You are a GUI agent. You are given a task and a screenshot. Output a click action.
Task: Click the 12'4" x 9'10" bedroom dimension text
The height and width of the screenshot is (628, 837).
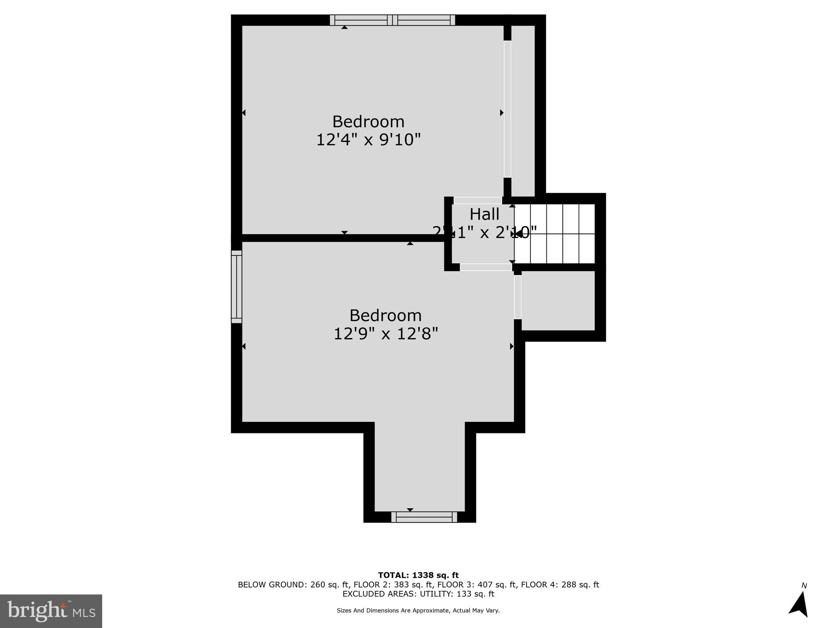point(368,140)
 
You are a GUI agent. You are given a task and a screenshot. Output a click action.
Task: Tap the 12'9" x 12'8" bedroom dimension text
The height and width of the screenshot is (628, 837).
point(385,334)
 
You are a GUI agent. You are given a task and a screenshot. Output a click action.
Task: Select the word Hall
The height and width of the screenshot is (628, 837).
point(484,214)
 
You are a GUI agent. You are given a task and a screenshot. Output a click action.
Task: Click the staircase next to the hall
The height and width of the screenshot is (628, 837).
point(555,234)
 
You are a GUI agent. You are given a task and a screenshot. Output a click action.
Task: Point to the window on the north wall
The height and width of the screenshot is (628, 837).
point(392,20)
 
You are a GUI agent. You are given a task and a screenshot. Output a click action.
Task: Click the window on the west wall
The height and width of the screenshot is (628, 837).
point(237,287)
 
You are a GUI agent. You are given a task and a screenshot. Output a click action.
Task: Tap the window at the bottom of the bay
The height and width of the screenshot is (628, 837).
point(424,517)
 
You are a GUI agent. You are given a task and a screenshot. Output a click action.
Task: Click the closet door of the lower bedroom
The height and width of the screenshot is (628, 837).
point(517,297)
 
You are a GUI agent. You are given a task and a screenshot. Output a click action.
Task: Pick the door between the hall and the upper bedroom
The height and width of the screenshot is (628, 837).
point(478,200)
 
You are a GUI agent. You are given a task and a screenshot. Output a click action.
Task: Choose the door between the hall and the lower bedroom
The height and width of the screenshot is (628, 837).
point(486,267)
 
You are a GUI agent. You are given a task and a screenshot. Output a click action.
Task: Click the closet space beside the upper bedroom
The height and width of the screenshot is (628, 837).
point(523,110)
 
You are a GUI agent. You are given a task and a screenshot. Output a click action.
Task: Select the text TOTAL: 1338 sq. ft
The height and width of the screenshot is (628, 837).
point(418,576)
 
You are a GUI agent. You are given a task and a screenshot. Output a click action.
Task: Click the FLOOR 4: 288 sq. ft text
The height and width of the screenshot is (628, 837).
point(560,585)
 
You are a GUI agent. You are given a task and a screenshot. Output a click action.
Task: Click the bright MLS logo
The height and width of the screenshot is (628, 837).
point(51,611)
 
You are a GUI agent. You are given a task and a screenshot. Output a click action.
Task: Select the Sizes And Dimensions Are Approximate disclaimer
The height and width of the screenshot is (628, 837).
point(418,610)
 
